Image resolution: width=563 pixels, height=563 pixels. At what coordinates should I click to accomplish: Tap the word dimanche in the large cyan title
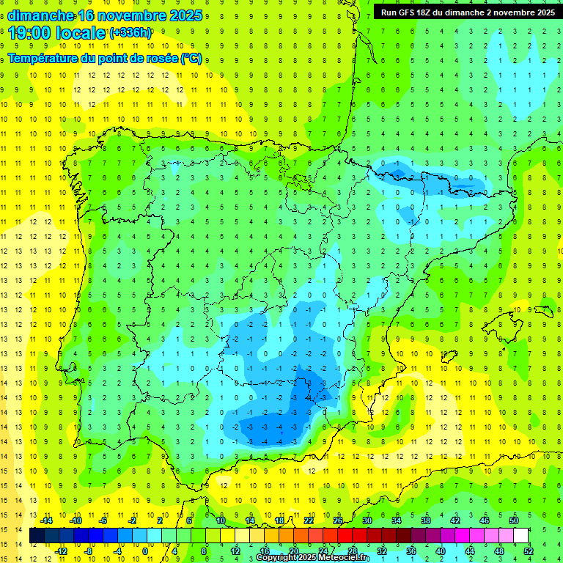pos(41,15)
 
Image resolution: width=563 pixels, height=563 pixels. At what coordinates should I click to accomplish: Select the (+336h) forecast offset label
pos(130,33)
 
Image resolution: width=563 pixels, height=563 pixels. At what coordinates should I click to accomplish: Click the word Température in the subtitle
pos(45,59)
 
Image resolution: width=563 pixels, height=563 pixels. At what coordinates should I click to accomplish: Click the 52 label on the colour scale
pos(529,551)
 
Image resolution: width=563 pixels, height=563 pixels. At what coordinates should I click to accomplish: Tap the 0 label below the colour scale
pos(145,551)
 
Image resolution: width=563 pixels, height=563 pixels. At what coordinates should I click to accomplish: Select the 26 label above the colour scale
pos(338,520)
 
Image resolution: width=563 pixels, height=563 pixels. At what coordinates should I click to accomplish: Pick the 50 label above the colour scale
pos(513,520)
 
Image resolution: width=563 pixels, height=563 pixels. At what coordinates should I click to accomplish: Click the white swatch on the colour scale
pos(520,536)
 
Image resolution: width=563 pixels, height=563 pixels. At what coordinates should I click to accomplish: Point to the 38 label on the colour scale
pos(426,520)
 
